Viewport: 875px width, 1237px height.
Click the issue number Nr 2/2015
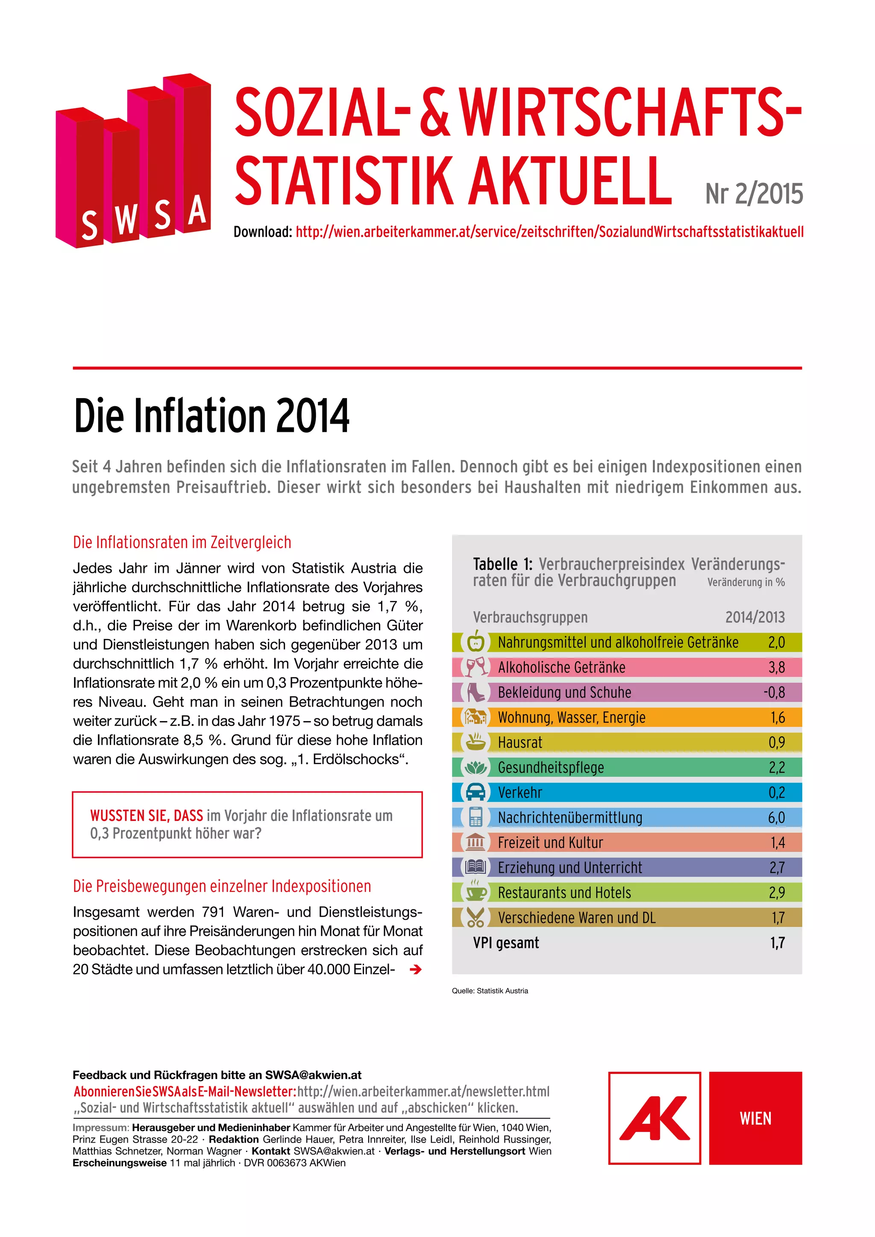pyautogui.click(x=754, y=194)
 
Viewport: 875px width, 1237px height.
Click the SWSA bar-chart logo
pyautogui.click(x=133, y=161)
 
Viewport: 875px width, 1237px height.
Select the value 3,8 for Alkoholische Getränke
pyautogui.click(x=776, y=668)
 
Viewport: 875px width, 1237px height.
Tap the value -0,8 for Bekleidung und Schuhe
pyautogui.click(x=774, y=692)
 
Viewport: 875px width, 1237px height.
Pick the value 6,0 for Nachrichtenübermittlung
pyautogui.click(x=776, y=817)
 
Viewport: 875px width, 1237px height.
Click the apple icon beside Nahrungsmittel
pyautogui.click(x=475, y=642)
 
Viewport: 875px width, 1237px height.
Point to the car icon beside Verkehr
pyautogui.click(x=475, y=792)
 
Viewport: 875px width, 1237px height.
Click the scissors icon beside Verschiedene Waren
pyautogui.click(x=475, y=917)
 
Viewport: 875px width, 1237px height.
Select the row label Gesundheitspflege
pyautogui.click(x=551, y=767)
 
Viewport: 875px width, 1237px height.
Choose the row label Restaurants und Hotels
pyautogui.click(x=564, y=893)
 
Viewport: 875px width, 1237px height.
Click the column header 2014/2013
pyautogui.click(x=755, y=617)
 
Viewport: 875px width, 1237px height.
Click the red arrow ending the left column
pyautogui.click(x=415, y=969)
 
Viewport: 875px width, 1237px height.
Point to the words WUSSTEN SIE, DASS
pyautogui.click(x=147, y=816)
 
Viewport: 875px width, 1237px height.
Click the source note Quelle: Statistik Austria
pyautogui.click(x=490, y=991)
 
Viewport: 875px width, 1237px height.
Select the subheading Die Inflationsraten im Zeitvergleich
pyautogui.click(x=182, y=542)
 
